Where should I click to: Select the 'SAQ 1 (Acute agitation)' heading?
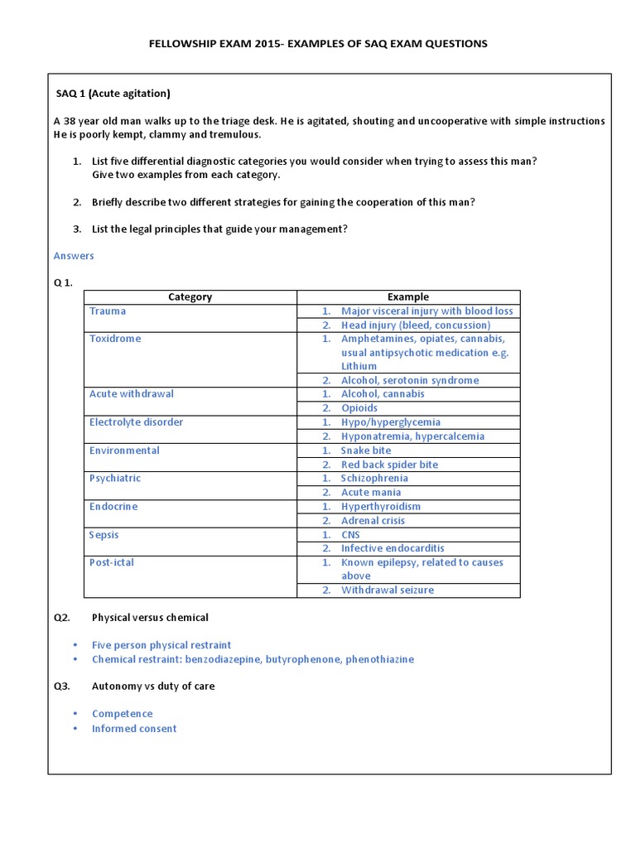pyautogui.click(x=113, y=93)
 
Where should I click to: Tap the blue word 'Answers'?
pyautogui.click(x=74, y=256)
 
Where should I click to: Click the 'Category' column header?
pyautogui.click(x=190, y=296)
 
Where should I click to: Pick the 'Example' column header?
pyautogui.click(x=408, y=296)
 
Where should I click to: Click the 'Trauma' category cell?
pyautogui.click(x=108, y=311)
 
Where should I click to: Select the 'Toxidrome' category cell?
pyautogui.click(x=115, y=339)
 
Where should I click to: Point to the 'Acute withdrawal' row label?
pyautogui.click(x=132, y=394)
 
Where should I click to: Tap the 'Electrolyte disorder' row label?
pyautogui.click(x=136, y=422)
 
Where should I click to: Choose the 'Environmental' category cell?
pyautogui.click(x=124, y=450)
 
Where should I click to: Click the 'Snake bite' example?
pyautogui.click(x=366, y=450)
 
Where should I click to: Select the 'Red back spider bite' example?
pyautogui.click(x=389, y=465)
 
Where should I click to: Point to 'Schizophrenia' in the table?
pyautogui.click(x=374, y=479)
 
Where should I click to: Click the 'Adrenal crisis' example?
pyautogui.click(x=373, y=521)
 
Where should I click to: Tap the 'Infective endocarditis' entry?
pyautogui.click(x=393, y=548)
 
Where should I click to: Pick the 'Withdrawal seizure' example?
pyautogui.click(x=387, y=590)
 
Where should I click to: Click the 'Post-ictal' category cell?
pyautogui.click(x=112, y=562)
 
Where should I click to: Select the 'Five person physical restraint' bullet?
pyautogui.click(x=161, y=645)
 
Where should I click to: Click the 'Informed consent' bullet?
pyautogui.click(x=134, y=729)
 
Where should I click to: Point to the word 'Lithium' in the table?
pyautogui.click(x=359, y=366)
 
